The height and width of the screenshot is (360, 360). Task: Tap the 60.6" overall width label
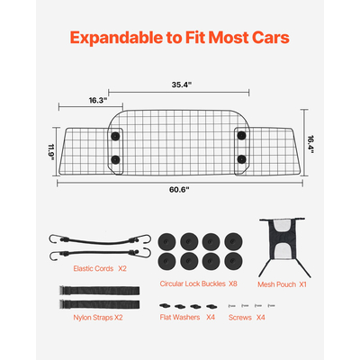179,190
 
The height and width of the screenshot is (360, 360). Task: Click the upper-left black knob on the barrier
116,135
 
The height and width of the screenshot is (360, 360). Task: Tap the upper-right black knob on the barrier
242,135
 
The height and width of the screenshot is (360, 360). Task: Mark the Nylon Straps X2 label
98,317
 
